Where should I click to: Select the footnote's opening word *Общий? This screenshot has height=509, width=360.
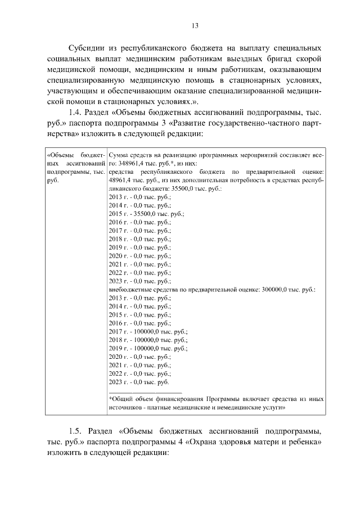point(120,398)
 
